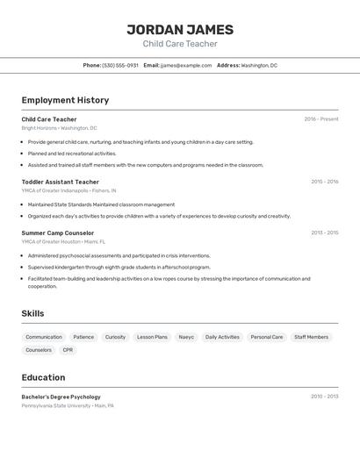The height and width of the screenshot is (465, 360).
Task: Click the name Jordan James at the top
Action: pyautogui.click(x=180, y=29)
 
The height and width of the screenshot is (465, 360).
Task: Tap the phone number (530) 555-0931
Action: pyautogui.click(x=120, y=65)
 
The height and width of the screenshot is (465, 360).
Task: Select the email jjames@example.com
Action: pyautogui.click(x=180, y=65)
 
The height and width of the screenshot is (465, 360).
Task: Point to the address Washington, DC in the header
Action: pyautogui.click(x=259, y=65)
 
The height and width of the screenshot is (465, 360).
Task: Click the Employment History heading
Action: pyautogui.click(x=65, y=100)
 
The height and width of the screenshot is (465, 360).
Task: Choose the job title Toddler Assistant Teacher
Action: pyautogui.click(x=61, y=182)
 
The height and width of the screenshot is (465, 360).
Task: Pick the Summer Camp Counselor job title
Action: pyautogui.click(x=57, y=233)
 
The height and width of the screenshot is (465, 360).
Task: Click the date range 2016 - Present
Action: pyautogui.click(x=321, y=119)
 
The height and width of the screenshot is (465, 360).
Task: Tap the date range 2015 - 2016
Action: pyautogui.click(x=325, y=182)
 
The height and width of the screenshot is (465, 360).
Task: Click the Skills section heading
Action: pyautogui.click(x=32, y=313)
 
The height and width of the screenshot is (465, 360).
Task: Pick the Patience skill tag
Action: pyautogui.click(x=83, y=337)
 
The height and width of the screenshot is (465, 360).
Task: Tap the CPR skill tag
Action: pyautogui.click(x=68, y=350)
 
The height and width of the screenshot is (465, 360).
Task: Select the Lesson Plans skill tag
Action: pyautogui.click(x=152, y=337)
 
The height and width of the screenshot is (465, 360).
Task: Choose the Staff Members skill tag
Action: pyautogui.click(x=311, y=337)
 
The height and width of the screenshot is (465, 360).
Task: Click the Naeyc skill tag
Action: pyautogui.click(x=186, y=337)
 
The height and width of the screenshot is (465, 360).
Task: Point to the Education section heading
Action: pyautogui.click(x=43, y=377)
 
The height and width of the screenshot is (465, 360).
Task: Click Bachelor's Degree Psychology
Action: pyautogui.click(x=61, y=397)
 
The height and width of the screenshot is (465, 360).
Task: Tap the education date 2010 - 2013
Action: pyautogui.click(x=325, y=397)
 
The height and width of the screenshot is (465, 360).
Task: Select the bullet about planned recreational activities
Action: pyautogui.click(x=72, y=153)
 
